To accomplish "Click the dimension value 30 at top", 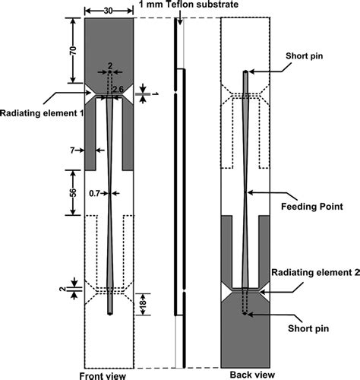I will click(x=109, y=10).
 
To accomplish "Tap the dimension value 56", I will click(x=73, y=193).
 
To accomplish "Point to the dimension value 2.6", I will click(x=118, y=90).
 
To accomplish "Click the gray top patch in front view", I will click(x=109, y=42).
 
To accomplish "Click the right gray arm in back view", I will click(x=263, y=247).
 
